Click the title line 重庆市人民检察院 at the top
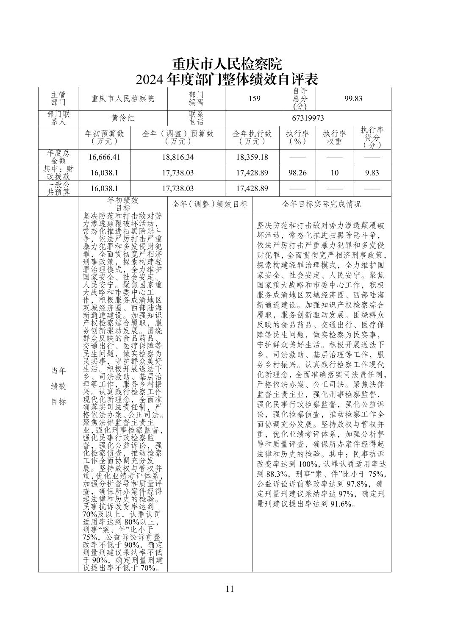(x=227, y=64)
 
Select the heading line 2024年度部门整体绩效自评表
(x=227, y=79)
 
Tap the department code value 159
(x=254, y=99)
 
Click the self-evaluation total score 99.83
(x=353, y=99)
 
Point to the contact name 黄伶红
(x=123, y=118)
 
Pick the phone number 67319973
(x=308, y=118)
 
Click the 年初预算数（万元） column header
(x=104, y=137)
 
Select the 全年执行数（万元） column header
(x=252, y=137)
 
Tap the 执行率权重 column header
(x=334, y=137)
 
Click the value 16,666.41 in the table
(x=104, y=157)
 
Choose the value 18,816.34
(x=178, y=157)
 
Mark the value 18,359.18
(x=252, y=157)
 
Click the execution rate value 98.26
(x=297, y=173)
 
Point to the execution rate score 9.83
(x=372, y=173)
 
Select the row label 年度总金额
(x=58, y=157)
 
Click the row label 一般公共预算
(x=58, y=189)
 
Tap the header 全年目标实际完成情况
(x=322, y=204)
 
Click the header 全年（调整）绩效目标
(x=210, y=204)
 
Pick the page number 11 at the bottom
(x=230, y=588)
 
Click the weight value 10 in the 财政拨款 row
(x=334, y=173)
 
